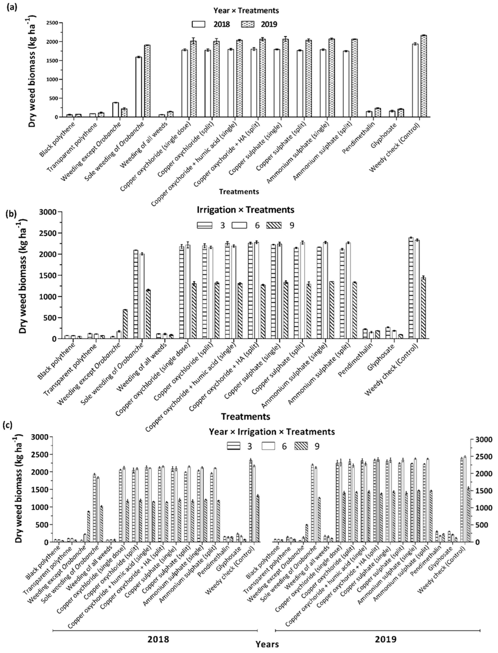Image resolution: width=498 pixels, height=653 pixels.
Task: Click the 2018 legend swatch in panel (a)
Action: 198,24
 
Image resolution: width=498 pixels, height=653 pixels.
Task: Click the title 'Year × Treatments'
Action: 246,11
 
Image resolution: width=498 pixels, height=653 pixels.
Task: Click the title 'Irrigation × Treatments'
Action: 245,210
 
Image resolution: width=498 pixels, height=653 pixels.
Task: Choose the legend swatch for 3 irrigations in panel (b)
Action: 204,225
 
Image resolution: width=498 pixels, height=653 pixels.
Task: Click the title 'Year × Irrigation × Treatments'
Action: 272,432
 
